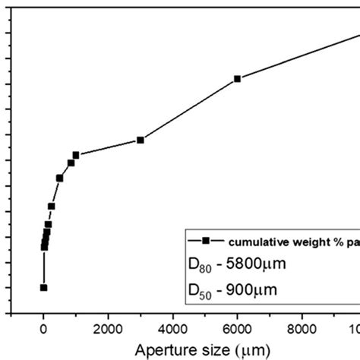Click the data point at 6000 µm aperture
[238, 78]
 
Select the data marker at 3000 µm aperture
[141, 140]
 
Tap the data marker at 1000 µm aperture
[76, 155]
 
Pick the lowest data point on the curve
[43, 287]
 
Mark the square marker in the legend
[205, 240]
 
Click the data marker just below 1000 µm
[71, 163]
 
